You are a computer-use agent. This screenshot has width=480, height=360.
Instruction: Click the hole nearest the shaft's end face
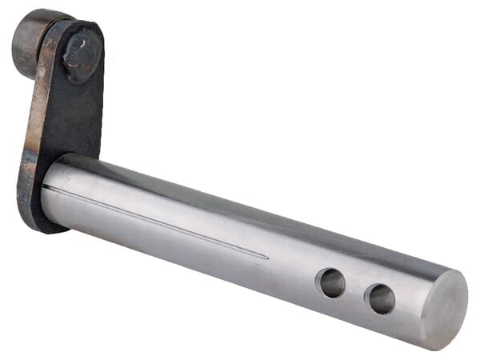click(x=379, y=299)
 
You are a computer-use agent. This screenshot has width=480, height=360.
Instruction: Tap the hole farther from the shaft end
click(x=330, y=282)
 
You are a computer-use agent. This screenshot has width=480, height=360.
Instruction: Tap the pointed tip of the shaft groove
click(x=267, y=258)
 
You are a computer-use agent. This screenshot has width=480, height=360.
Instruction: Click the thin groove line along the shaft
click(x=160, y=223)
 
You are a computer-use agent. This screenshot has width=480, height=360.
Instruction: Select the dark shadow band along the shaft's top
click(x=240, y=200)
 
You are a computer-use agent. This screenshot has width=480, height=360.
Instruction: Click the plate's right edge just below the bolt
click(x=102, y=104)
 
